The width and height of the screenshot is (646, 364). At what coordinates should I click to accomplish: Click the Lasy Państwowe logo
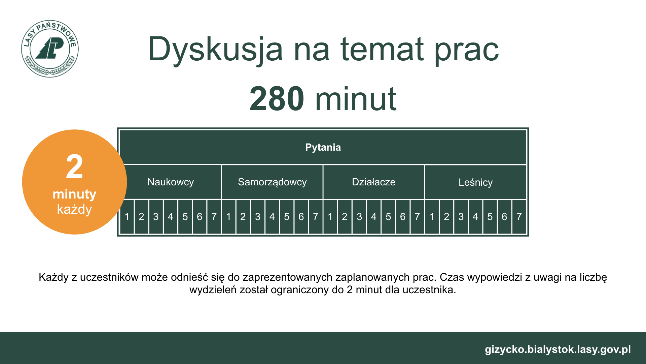[50, 49]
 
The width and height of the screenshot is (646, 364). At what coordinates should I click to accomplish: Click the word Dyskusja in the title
[215, 50]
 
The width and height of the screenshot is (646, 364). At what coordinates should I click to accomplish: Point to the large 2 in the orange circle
[74, 166]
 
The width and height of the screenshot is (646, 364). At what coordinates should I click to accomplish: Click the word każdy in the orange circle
[74, 209]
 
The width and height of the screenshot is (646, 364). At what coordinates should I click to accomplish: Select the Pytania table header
[323, 147]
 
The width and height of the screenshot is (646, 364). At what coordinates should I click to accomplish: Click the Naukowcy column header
[171, 182]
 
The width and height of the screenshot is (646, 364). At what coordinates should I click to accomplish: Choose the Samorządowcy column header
[272, 182]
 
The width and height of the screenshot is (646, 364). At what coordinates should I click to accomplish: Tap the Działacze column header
[374, 182]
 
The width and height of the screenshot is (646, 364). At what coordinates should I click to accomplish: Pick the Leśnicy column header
[475, 182]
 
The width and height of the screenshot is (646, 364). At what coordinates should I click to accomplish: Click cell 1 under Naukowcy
[127, 217]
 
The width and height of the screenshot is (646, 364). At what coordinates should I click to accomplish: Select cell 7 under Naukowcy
[214, 217]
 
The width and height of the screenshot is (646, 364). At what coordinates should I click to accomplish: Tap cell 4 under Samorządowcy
[272, 217]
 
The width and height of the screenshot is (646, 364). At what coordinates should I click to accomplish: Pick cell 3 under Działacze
[359, 217]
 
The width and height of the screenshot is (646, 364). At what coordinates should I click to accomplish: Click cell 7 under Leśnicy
[519, 217]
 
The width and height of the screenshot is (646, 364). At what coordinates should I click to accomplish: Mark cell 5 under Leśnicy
[490, 217]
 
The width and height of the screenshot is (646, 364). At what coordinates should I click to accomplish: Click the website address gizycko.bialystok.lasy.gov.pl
[558, 350]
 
